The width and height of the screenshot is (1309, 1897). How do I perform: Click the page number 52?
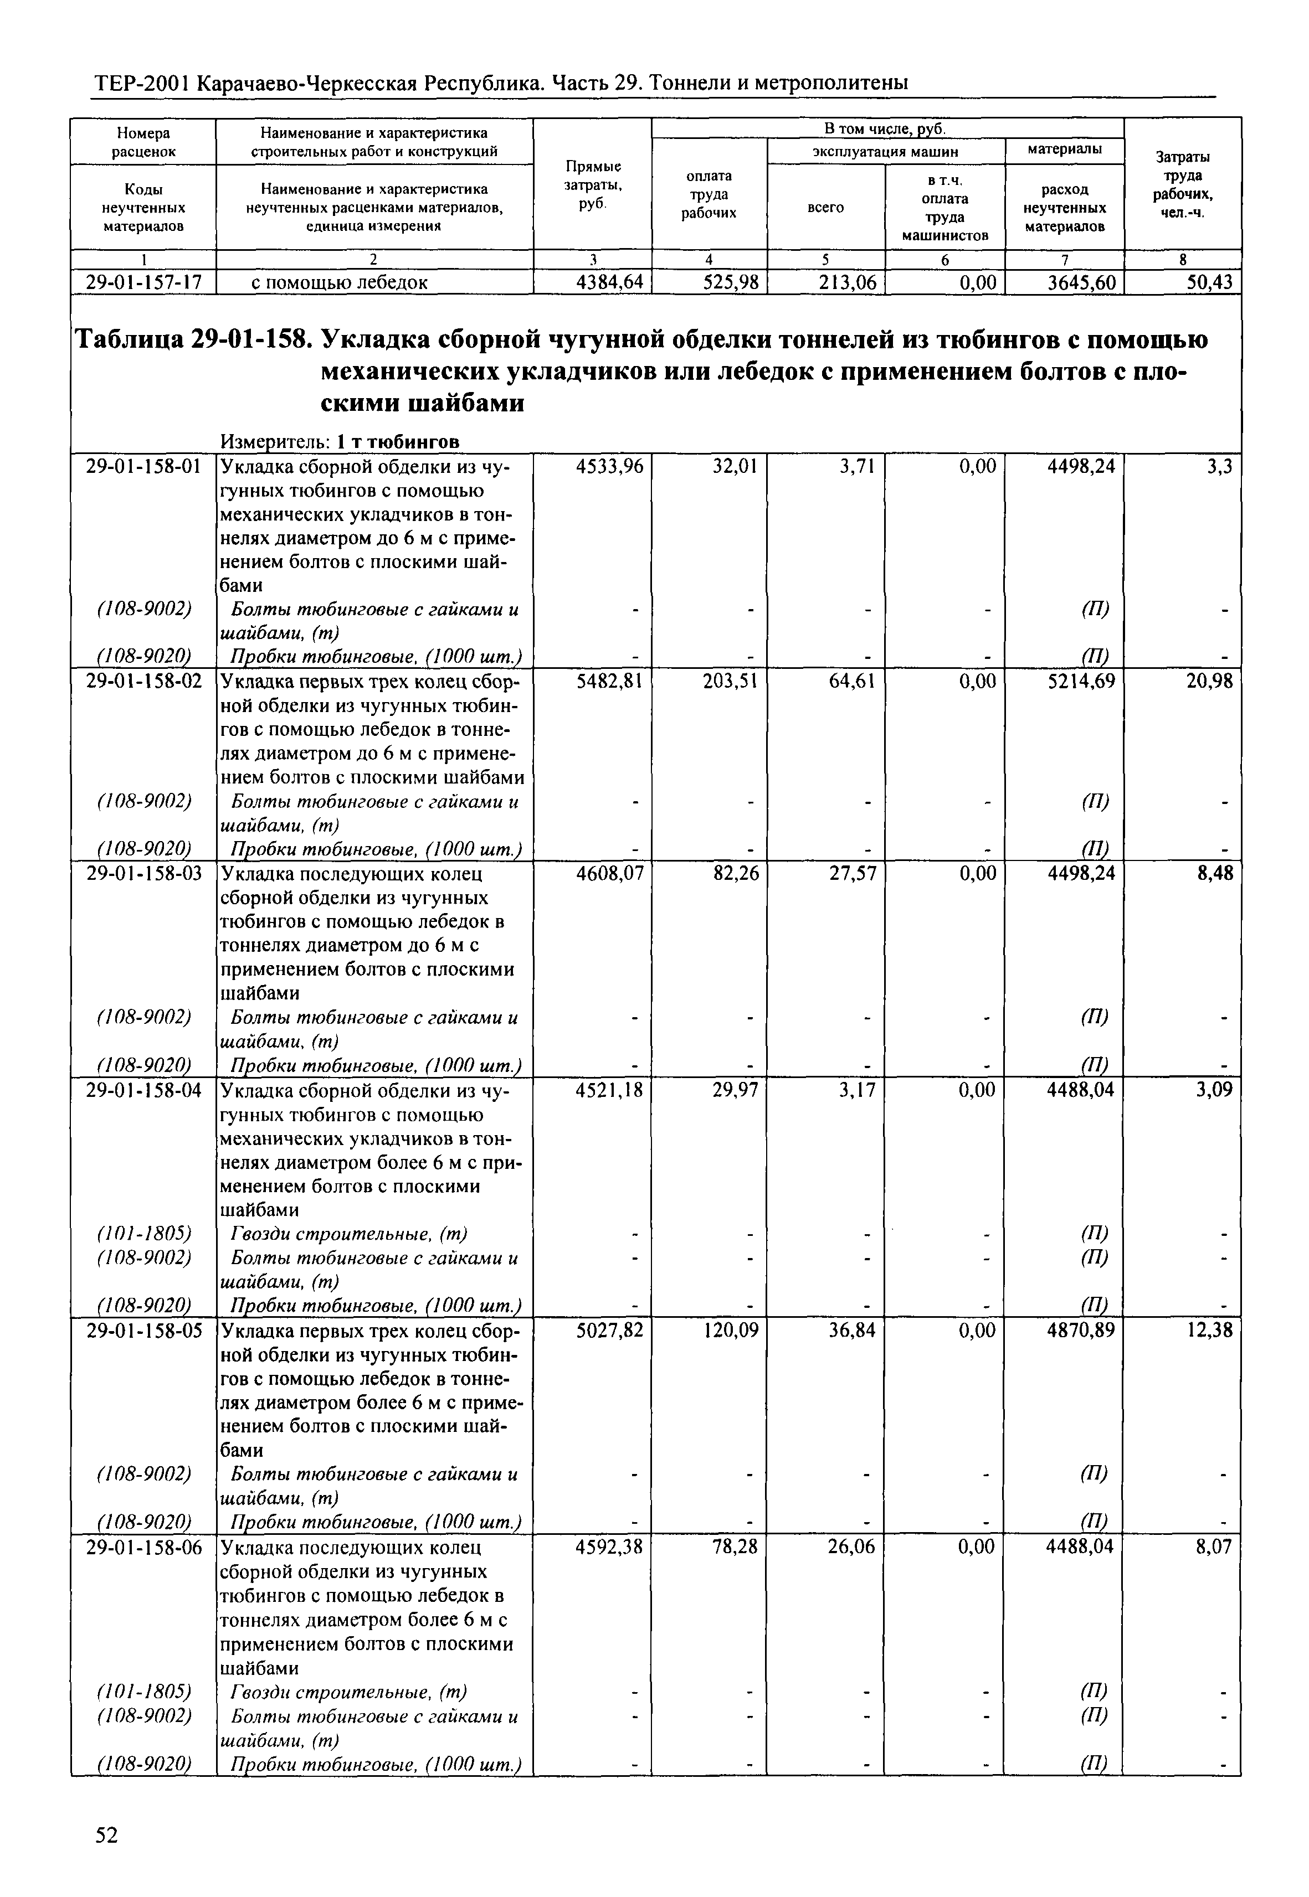(106, 1834)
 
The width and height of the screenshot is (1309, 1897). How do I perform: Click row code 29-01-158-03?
(143, 873)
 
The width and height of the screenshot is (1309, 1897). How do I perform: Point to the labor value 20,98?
(1210, 681)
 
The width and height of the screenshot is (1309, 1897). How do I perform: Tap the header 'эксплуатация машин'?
(885, 152)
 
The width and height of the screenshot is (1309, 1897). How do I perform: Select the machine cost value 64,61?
(853, 681)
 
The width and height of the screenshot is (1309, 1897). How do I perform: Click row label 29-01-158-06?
(143, 1547)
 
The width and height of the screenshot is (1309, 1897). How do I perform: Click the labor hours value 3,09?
(1214, 1090)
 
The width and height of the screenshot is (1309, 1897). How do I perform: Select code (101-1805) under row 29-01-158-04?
(143, 1233)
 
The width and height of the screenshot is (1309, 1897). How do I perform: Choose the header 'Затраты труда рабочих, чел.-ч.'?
(1182, 185)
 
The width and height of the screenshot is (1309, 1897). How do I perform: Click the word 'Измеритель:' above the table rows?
(275, 442)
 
